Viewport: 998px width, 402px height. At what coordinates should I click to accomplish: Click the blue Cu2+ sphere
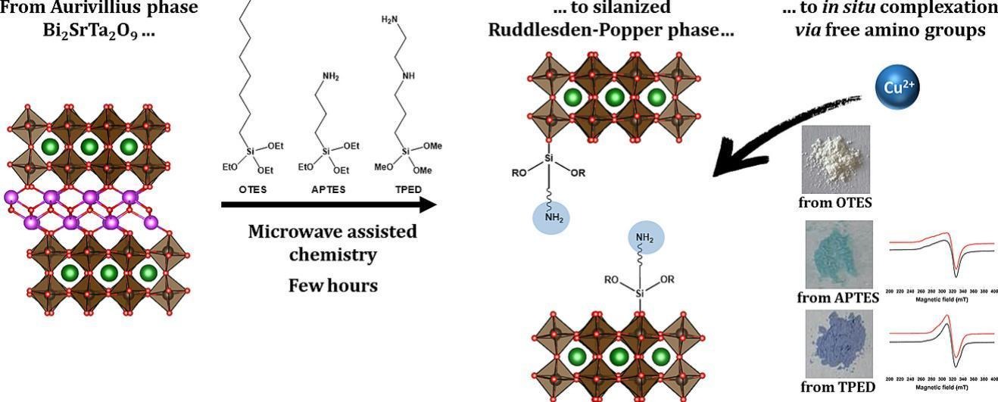pos(899,87)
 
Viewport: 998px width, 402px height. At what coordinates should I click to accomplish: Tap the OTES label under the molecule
pos(252,190)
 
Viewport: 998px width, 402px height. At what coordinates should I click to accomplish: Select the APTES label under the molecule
pos(328,190)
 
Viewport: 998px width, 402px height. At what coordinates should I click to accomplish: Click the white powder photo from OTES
pos(836,160)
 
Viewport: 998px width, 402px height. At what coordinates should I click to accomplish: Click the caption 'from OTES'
pos(835,203)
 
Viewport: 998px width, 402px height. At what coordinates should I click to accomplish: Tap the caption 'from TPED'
pos(837,388)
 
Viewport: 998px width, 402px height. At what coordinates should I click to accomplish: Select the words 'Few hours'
pos(332,285)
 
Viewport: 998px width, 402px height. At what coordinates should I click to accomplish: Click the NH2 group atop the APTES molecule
pos(331,76)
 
